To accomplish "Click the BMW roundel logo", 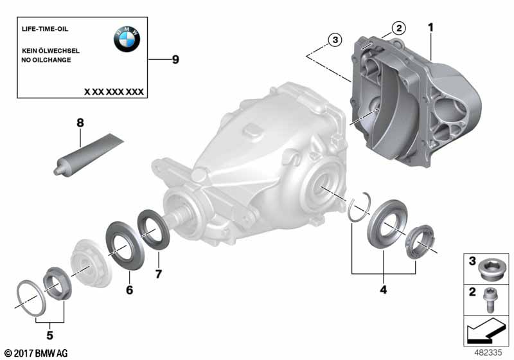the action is [127, 39].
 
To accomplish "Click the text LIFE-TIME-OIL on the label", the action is [45, 29].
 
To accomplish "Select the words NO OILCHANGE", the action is [46, 60].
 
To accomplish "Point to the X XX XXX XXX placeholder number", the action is [114, 92].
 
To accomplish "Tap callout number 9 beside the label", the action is [175, 60].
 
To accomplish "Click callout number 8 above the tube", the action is [80, 123].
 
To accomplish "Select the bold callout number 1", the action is [430, 27].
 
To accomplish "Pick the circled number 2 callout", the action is [399, 28].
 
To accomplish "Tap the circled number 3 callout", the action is [335, 40].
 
